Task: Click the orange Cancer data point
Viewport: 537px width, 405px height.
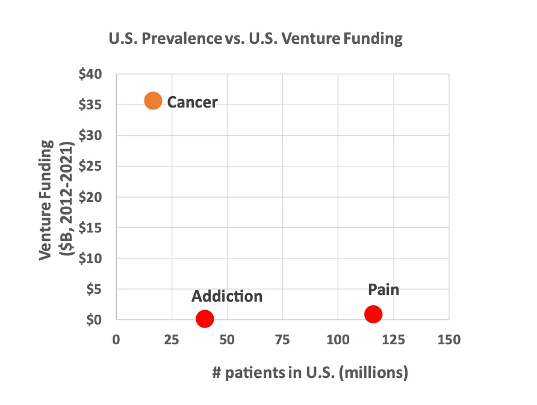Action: point(153,101)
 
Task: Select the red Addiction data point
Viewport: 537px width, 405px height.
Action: point(205,318)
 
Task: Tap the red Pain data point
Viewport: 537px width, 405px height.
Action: point(373,314)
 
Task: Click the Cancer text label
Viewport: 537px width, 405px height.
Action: point(192,102)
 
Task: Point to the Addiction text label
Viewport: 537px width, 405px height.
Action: point(227,296)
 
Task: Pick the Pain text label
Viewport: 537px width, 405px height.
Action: point(383,290)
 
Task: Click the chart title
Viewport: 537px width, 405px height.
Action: point(255,40)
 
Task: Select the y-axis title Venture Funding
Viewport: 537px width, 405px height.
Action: point(55,200)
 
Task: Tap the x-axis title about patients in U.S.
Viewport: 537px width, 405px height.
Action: point(310,373)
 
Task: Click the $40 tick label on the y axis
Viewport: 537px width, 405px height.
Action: point(91,75)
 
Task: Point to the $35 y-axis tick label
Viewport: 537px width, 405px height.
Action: point(91,105)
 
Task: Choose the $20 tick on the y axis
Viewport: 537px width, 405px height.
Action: point(91,197)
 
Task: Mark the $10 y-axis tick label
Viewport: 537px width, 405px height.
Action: point(91,258)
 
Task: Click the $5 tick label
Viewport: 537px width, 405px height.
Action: point(94,289)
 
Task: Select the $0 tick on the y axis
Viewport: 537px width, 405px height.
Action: point(94,320)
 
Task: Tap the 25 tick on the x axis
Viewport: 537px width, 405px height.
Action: point(172,340)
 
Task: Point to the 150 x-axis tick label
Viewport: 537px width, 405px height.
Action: point(449,340)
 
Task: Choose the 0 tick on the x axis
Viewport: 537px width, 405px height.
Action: point(116,340)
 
